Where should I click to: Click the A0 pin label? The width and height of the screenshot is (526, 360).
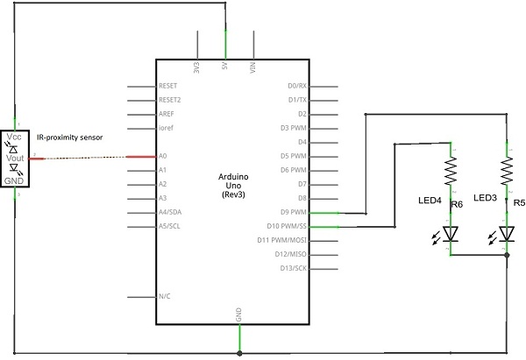coord(163,156)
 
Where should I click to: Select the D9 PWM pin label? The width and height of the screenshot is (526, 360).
coord(294,212)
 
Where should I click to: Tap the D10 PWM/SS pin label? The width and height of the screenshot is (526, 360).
coord(287,226)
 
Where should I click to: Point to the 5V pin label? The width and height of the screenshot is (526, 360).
coord(224,66)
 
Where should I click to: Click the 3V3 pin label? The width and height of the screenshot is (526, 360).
coord(196,67)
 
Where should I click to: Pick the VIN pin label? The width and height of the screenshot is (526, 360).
coord(253,67)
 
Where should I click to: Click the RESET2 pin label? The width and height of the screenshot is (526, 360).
coord(170,100)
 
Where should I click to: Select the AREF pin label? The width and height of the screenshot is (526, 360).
coord(167,114)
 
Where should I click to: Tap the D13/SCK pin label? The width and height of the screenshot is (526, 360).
coord(294,268)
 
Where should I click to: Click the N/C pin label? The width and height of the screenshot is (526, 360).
coord(165,296)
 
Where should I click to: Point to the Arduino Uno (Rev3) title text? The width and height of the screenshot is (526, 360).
coord(233,186)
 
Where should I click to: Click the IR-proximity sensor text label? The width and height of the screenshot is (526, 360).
coord(70,138)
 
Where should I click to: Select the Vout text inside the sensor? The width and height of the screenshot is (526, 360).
coord(15,158)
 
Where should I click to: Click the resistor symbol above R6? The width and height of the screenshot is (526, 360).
coord(451,171)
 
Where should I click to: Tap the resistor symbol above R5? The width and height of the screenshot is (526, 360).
coord(507,171)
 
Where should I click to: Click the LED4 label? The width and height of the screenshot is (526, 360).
coord(430,201)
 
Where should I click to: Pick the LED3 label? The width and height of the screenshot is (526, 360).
coord(485,198)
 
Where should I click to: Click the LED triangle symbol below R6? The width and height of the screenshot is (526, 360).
coord(451,234)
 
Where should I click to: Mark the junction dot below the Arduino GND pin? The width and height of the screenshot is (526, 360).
coord(239,353)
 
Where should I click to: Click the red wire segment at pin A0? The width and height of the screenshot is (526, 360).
coord(141,157)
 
